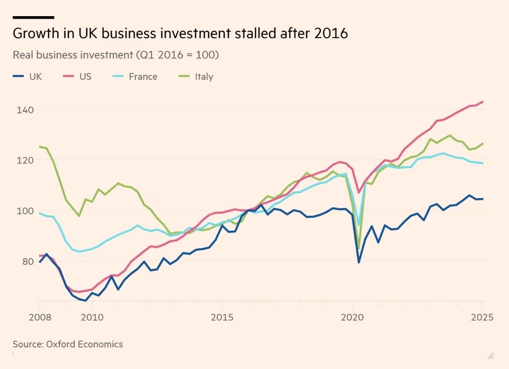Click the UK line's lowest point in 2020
tap(359, 262)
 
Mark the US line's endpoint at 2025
tap(483, 102)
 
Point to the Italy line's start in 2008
tap(40, 146)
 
